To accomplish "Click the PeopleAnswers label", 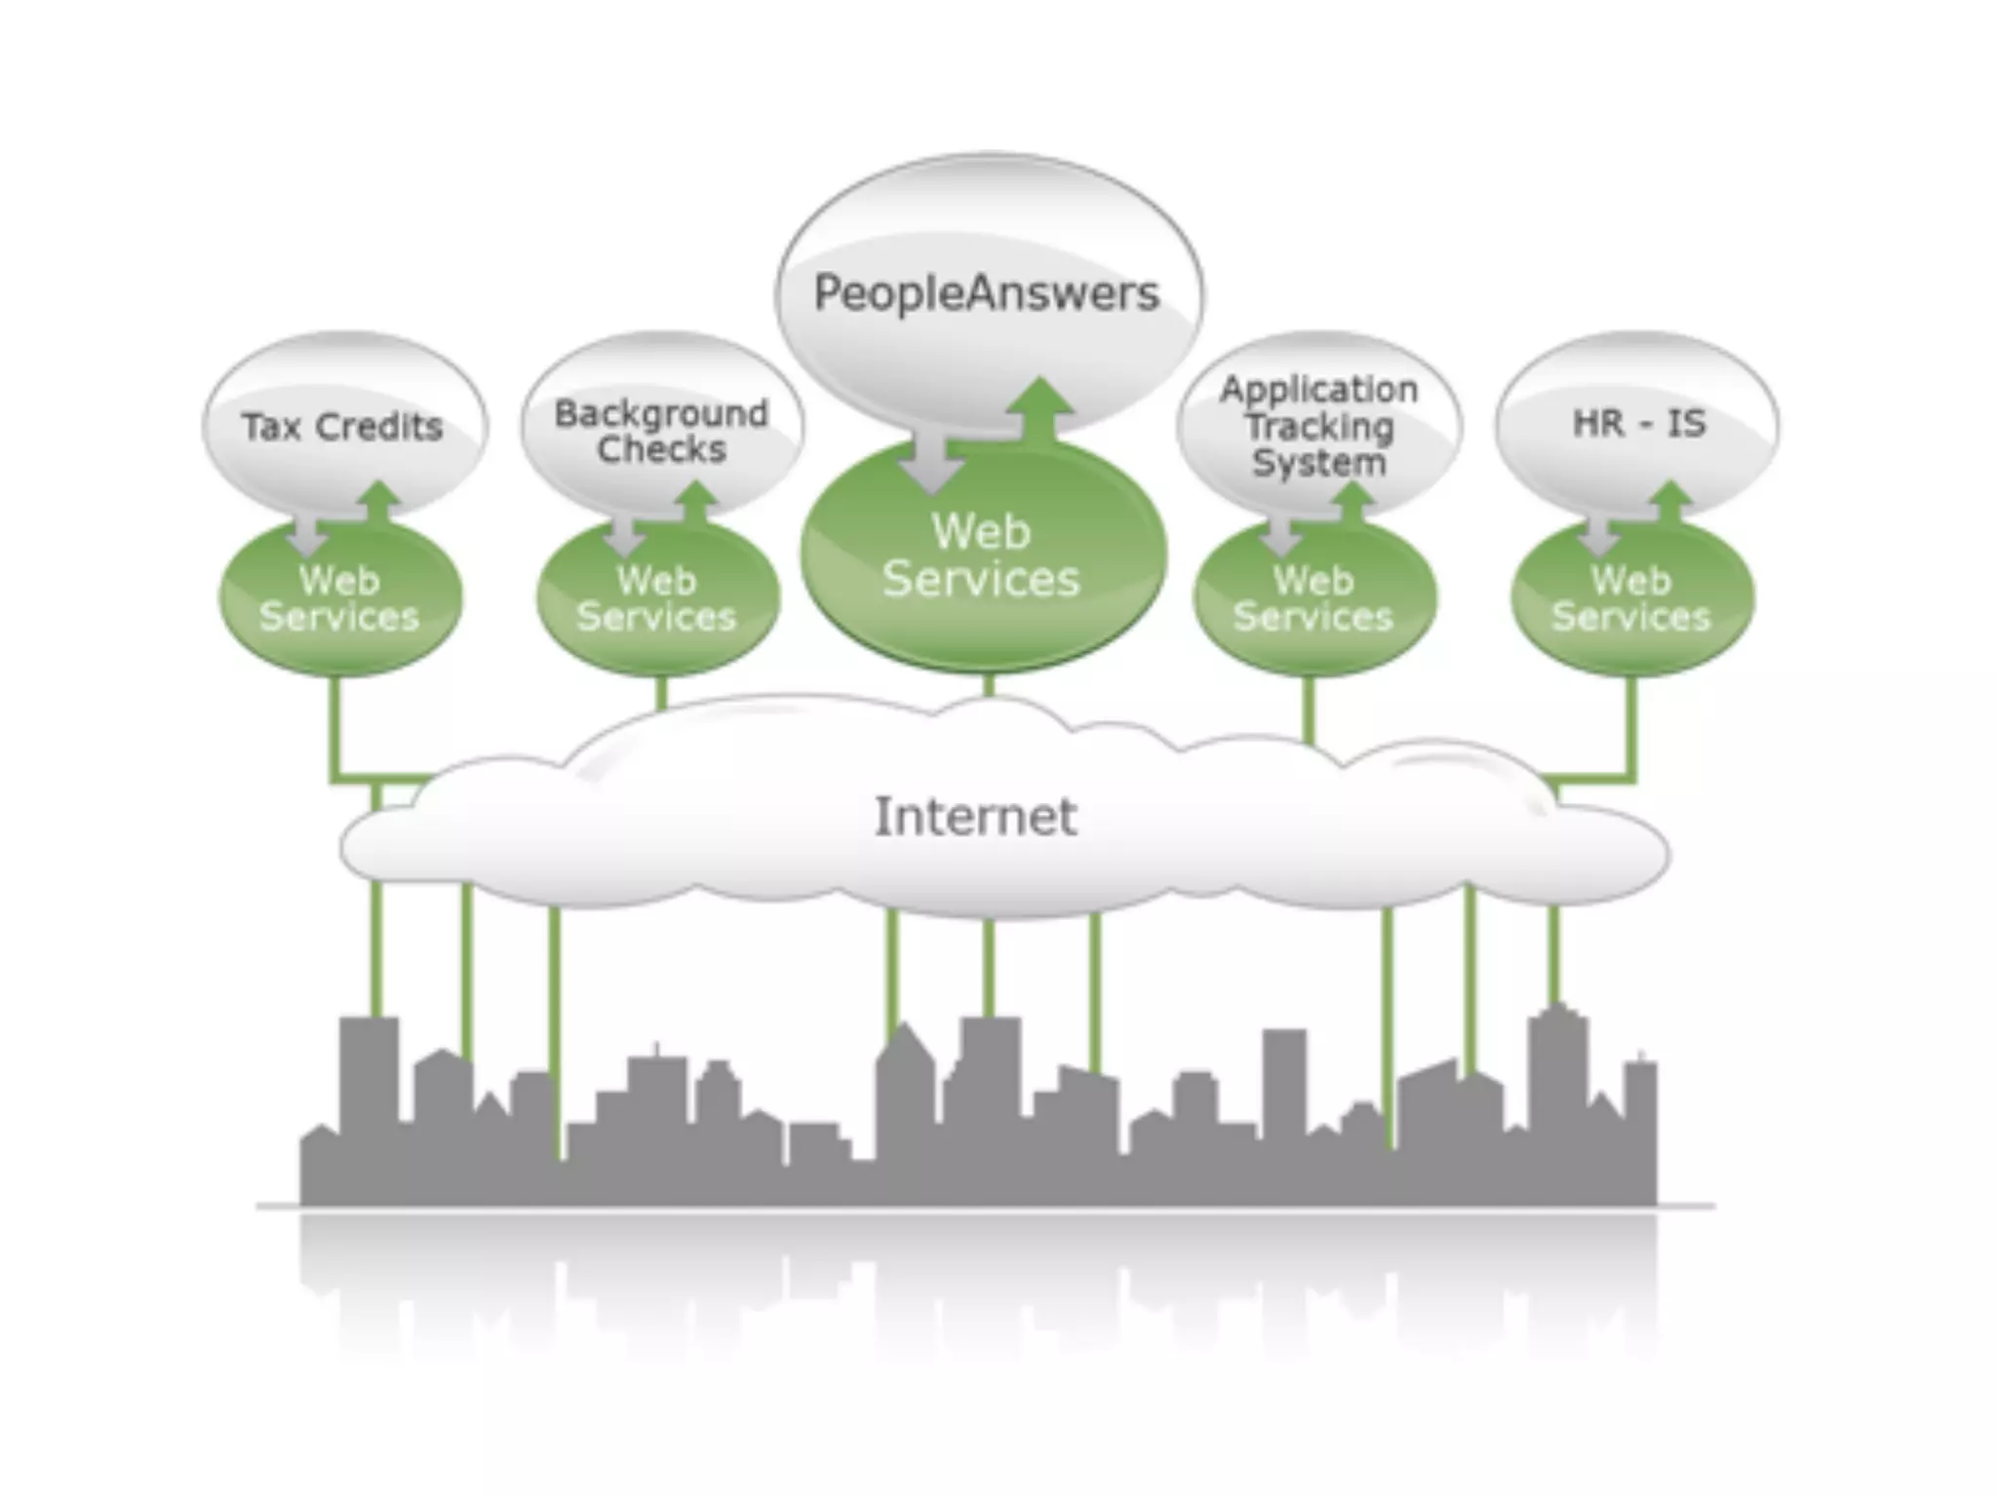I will [987, 293].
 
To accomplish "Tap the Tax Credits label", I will [342, 427].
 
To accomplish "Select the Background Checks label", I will [661, 431].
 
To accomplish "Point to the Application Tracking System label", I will [1318, 426].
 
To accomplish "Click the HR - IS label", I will [1639, 424].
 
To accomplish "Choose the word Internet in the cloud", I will [975, 817].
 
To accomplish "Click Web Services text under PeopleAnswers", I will [981, 556].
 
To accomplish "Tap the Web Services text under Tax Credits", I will [339, 598].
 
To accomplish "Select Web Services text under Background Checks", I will [656, 598].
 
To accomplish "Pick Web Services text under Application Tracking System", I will [1313, 598].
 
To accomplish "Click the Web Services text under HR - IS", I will [1631, 598].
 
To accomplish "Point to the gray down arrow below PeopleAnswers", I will [931, 463].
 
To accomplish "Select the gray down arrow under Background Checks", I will [625, 535].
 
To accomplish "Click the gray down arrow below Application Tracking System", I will [1281, 535].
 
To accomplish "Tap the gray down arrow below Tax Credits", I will [309, 535].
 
